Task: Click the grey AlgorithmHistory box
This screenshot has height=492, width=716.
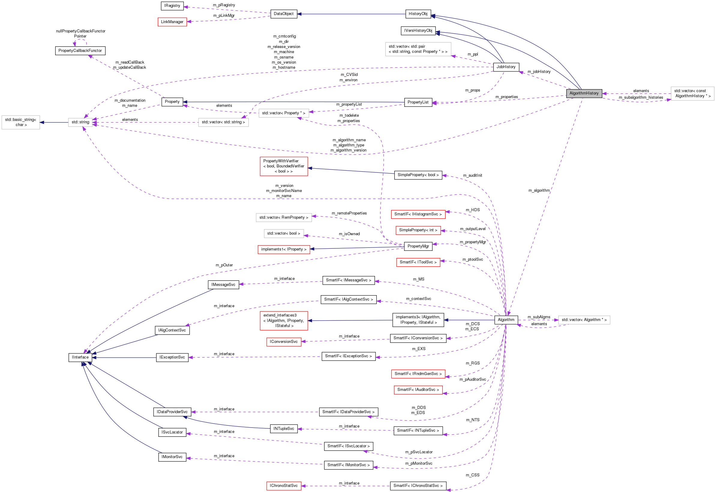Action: (x=584, y=93)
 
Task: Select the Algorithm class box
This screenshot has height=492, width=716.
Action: (x=506, y=320)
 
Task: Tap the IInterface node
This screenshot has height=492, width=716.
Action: (x=80, y=357)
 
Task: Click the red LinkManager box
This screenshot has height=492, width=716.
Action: (x=172, y=22)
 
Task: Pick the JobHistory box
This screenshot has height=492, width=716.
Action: (x=506, y=67)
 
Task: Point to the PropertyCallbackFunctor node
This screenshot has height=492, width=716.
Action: (x=80, y=51)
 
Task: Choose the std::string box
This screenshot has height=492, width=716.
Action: (x=80, y=122)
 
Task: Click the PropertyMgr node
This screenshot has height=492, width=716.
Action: (x=418, y=246)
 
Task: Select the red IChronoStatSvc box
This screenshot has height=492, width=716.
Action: (x=283, y=485)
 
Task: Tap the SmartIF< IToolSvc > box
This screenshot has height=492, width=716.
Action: (x=418, y=262)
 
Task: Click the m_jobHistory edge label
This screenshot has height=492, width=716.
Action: (x=539, y=71)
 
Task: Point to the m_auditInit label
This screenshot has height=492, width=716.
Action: (x=472, y=175)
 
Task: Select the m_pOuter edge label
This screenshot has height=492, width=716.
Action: (x=224, y=265)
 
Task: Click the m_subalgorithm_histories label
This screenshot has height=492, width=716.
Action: (x=641, y=97)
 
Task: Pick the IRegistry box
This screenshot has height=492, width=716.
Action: (x=172, y=5)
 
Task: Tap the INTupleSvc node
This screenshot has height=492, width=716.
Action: (x=283, y=428)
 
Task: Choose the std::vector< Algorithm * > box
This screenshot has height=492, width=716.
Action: (x=584, y=320)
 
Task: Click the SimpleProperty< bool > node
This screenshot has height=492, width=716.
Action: (x=418, y=175)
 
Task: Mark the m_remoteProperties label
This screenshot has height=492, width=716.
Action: (x=349, y=213)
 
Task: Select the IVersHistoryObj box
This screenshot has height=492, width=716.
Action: (x=418, y=31)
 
